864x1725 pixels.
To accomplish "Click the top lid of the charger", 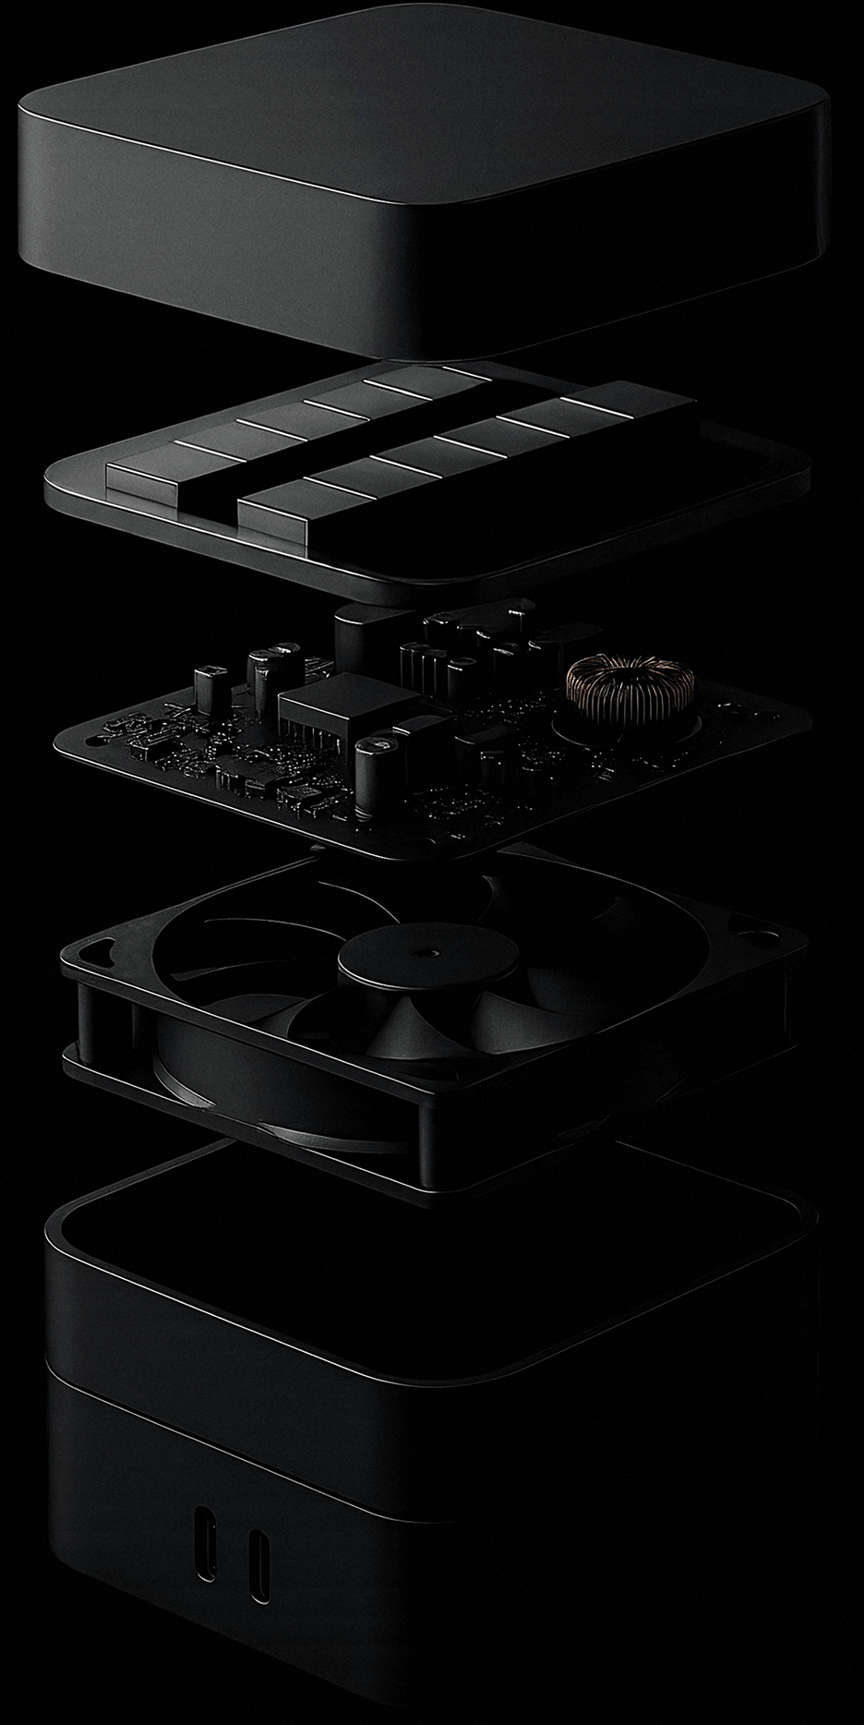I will [420, 129].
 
